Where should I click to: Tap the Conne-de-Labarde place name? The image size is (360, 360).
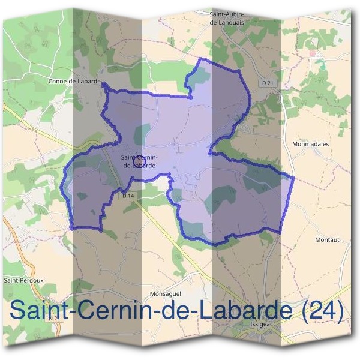[x=75, y=80]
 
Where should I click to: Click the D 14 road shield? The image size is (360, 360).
[x=127, y=196]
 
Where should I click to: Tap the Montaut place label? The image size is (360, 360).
[x=327, y=239]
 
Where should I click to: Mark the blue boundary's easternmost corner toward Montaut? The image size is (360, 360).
[x=292, y=178]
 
